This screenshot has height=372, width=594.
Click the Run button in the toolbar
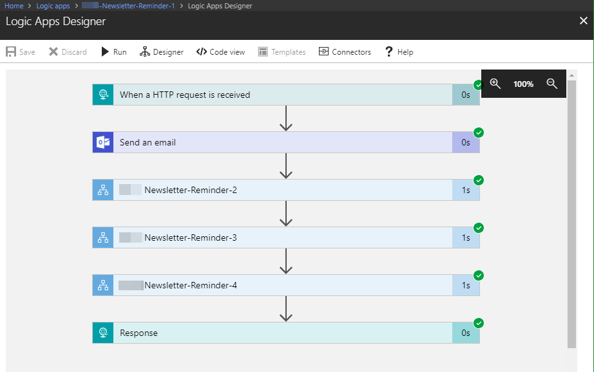tap(113, 52)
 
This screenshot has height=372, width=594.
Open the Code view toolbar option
tap(220, 52)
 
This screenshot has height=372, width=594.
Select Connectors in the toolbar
tap(345, 52)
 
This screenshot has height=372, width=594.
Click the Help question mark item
tap(399, 52)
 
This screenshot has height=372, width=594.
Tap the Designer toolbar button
tap(162, 52)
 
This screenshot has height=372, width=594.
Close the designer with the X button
tap(583, 21)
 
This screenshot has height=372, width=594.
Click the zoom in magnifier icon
tap(495, 84)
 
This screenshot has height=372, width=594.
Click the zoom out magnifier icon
tap(551, 84)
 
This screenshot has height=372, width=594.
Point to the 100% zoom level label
tap(523, 84)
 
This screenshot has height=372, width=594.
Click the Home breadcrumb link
tap(14, 6)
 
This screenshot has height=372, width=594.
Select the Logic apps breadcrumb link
tap(53, 6)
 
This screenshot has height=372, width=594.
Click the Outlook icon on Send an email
tap(102, 142)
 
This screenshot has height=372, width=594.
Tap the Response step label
tap(139, 333)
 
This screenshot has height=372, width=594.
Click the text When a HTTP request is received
tap(185, 95)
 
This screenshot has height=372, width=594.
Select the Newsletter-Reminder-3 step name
tap(191, 237)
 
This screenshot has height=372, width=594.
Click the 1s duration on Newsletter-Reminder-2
tap(466, 190)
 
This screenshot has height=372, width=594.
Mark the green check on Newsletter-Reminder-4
tap(479, 275)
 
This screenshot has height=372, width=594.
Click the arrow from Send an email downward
tap(287, 166)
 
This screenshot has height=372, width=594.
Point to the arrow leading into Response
tap(287, 309)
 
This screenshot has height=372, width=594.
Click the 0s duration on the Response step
tap(466, 333)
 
